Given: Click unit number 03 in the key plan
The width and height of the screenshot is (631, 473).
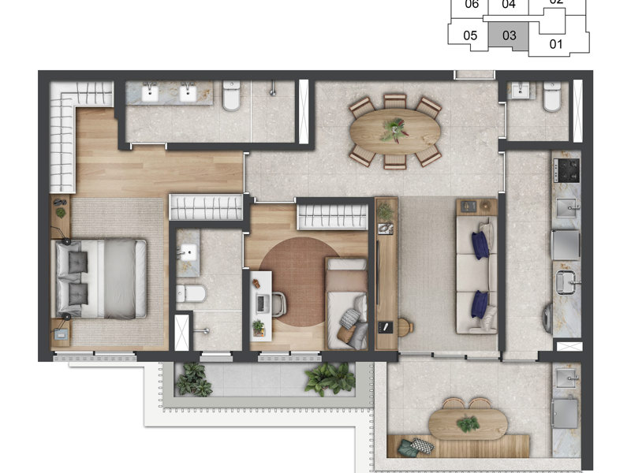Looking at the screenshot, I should [x=509, y=35].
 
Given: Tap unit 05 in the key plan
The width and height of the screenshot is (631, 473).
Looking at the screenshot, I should [x=470, y=35].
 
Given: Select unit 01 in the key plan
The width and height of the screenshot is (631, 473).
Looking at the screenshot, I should [x=556, y=43].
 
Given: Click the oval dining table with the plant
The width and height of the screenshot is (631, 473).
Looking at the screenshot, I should [x=394, y=130].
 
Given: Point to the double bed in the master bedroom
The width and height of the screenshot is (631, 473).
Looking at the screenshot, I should [x=100, y=278].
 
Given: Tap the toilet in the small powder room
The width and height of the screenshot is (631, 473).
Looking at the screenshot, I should [x=551, y=98].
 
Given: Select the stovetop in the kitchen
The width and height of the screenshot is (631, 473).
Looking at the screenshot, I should [x=566, y=168].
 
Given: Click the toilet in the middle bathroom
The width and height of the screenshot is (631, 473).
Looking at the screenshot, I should [x=192, y=294].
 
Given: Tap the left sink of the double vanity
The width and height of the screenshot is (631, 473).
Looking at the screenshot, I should [x=151, y=94].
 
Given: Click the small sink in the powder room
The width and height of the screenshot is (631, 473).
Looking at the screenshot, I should [x=521, y=92].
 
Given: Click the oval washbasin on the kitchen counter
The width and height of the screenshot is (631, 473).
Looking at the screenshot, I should [x=566, y=280].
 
